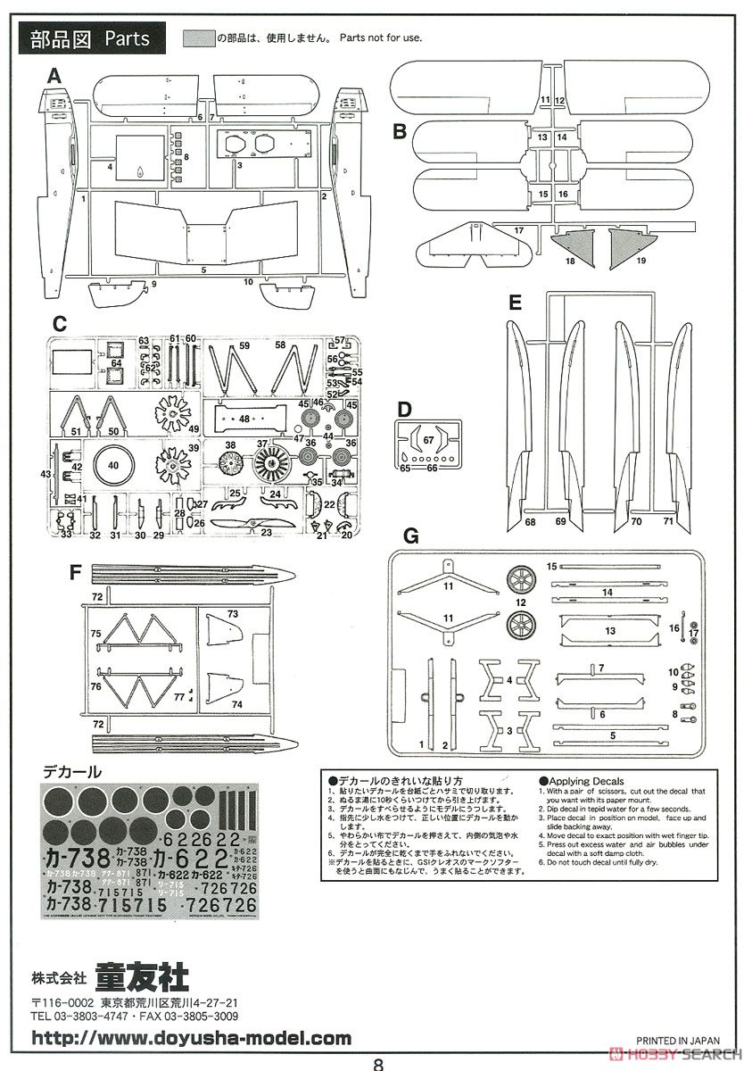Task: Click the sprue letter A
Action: (x=54, y=78)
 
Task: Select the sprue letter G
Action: (x=411, y=536)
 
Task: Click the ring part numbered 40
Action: (x=112, y=465)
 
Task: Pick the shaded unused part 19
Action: (x=631, y=250)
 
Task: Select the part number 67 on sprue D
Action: (x=429, y=438)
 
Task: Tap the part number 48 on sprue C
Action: (x=244, y=418)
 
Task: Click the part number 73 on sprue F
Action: (x=232, y=615)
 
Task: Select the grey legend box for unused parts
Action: (x=198, y=38)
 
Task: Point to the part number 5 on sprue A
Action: (x=203, y=269)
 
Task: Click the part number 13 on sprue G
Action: (x=610, y=630)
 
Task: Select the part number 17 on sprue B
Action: (x=517, y=230)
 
